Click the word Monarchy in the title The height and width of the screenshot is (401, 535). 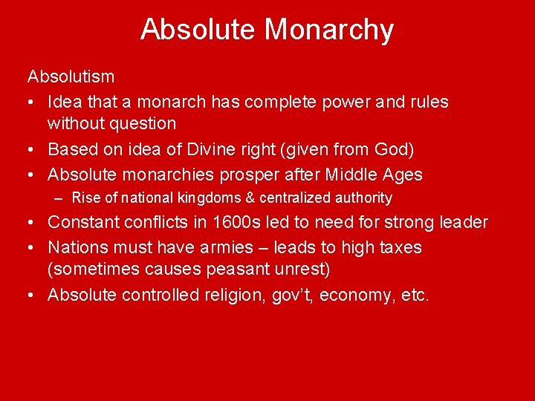329,30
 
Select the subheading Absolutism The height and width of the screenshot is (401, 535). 71,77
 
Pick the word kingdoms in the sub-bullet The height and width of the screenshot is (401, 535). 205,198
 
